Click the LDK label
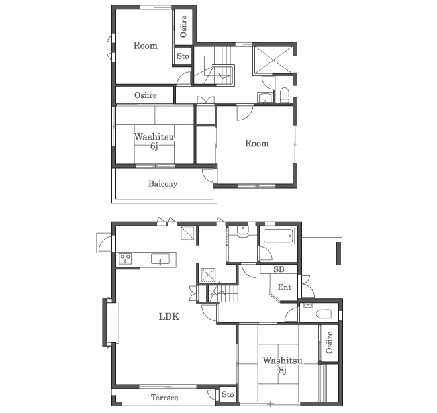tap(169, 316)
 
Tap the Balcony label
tap(163, 183)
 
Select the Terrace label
tap(164, 398)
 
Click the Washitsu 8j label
tap(282, 365)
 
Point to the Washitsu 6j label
tap(154, 141)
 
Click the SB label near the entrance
tap(279, 269)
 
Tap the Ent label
tap(285, 287)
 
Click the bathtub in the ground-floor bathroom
tap(279, 236)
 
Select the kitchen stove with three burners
tap(125, 259)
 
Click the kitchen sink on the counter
tap(160, 259)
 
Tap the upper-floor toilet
tap(284, 95)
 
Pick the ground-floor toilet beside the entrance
tap(324, 314)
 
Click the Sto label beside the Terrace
tap(228, 394)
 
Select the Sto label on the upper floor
tap(183, 56)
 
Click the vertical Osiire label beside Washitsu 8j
tap(329, 342)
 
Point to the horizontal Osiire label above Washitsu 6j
tap(146, 95)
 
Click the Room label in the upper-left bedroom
tap(145, 46)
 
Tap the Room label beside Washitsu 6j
tap(257, 143)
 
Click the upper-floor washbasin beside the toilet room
tap(265, 97)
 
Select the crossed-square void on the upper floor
tap(273, 60)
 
